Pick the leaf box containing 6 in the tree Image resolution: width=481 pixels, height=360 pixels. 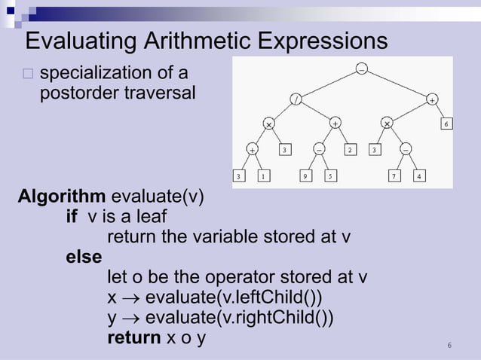[x=447, y=124]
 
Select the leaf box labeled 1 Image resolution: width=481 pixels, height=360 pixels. [x=263, y=176]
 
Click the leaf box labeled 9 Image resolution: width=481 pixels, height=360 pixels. [x=305, y=176]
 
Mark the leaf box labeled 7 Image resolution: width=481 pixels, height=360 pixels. [x=394, y=176]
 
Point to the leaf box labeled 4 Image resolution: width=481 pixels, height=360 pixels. [x=420, y=176]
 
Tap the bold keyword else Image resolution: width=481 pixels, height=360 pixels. [x=84, y=257]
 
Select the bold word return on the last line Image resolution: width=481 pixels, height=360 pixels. [x=133, y=337]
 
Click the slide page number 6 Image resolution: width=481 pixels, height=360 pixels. [x=449, y=346]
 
